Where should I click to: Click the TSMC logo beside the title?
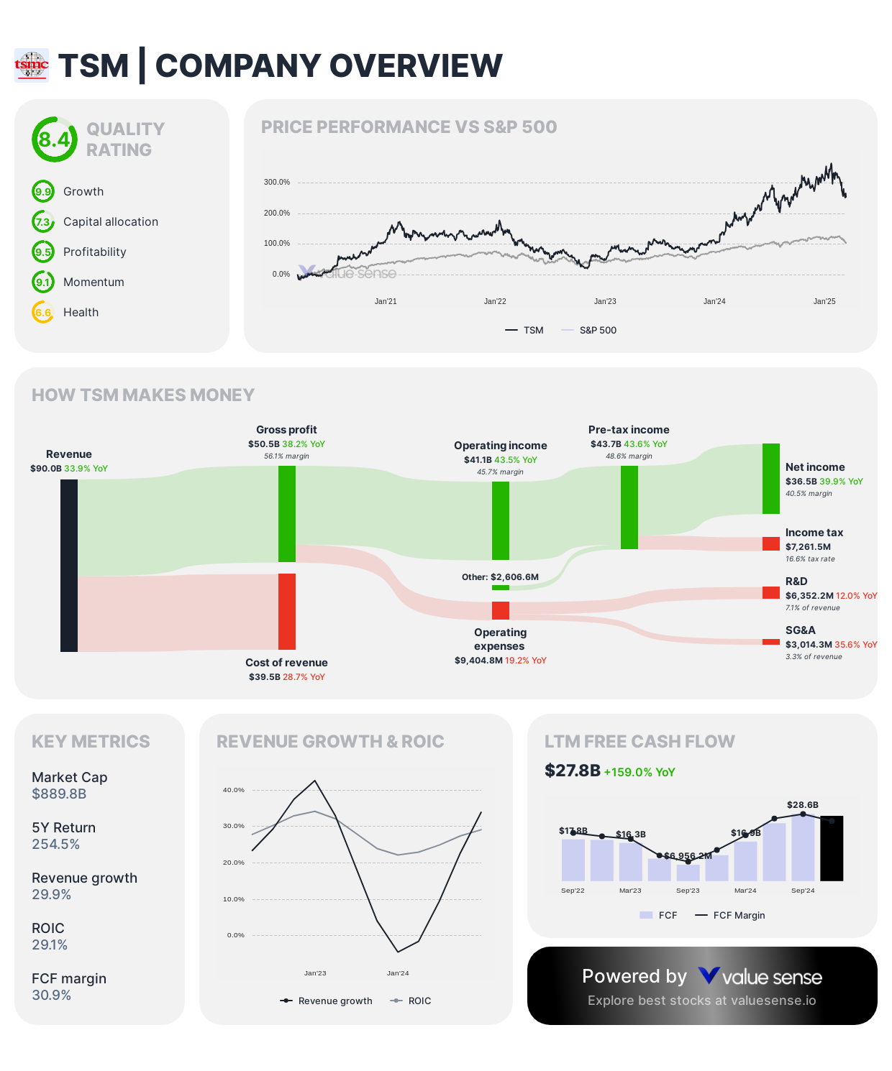(32, 65)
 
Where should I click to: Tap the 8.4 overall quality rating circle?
(54, 139)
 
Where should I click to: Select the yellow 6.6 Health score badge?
(43, 312)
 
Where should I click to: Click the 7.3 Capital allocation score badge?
(43, 221)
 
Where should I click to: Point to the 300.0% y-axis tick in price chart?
(277, 182)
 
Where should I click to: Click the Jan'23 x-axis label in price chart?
(605, 301)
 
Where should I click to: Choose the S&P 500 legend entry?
(597, 330)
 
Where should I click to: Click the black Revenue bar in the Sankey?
(69, 566)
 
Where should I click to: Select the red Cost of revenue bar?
(287, 611)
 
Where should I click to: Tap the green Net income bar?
(771, 479)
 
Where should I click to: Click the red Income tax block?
(771, 544)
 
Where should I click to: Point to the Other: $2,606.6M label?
(500, 576)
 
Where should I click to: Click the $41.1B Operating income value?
(478, 459)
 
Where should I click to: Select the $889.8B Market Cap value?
(59, 794)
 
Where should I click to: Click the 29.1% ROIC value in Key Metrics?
(50, 944)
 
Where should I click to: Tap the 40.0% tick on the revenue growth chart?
(234, 789)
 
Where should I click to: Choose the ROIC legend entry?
(419, 1001)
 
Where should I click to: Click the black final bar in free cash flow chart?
(832, 848)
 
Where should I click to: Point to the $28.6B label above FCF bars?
(803, 804)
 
